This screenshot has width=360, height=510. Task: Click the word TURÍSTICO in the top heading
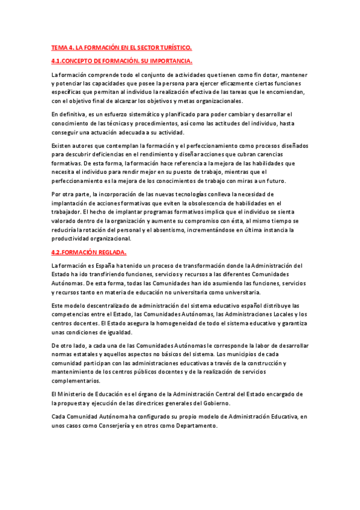(173, 47)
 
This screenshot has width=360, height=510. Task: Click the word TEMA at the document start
(59, 47)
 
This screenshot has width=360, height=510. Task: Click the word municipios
(252, 354)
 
